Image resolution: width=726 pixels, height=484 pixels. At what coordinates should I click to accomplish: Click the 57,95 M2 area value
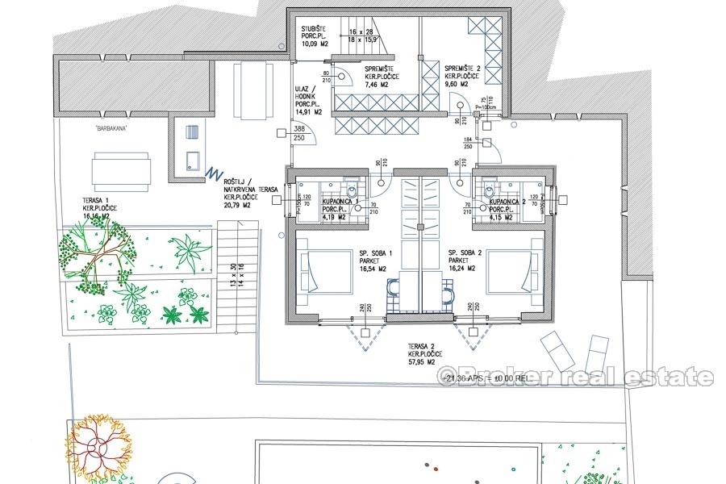pos(425,362)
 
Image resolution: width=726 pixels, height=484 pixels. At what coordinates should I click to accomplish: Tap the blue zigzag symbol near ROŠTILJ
pos(213,173)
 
